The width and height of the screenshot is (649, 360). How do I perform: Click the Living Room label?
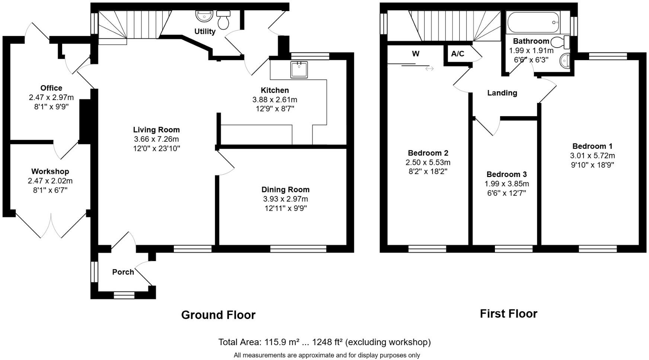pos(156,130)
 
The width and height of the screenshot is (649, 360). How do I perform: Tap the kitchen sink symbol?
pos(299,70)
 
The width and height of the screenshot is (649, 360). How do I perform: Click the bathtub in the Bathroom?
pos(534,23)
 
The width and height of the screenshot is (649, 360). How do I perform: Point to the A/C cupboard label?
pos(457,54)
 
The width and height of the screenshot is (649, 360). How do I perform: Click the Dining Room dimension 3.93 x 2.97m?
pos(285,199)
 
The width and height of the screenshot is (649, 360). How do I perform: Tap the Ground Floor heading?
pos(218,315)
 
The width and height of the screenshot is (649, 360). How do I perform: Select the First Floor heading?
pos(508,314)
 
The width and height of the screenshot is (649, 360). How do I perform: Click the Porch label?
pos(123,272)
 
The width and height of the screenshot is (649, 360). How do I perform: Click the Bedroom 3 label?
pos(506,174)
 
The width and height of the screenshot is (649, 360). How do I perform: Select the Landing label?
pos(502,93)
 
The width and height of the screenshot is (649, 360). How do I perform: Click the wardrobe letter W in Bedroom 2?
pos(416,54)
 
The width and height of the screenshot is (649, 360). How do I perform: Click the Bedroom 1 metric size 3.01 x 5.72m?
pos(592,155)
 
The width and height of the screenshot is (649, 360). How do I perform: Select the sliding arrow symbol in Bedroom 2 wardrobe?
pos(429,68)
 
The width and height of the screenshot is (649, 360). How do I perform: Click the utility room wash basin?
pos(204,16)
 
